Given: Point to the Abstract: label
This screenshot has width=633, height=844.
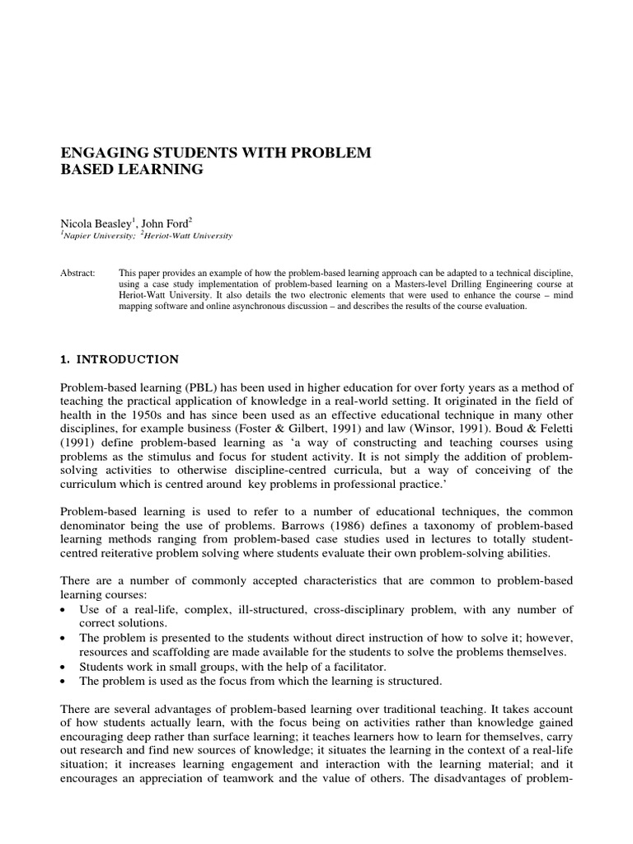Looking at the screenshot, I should [x=82, y=271].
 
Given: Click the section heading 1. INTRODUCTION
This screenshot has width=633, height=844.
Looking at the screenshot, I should [x=120, y=359].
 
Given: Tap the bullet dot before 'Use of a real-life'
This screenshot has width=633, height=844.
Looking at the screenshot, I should [x=66, y=610].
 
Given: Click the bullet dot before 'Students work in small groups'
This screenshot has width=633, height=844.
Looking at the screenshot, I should [x=66, y=666].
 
